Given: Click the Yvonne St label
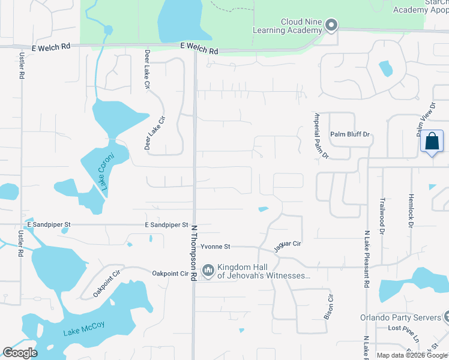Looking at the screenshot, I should click(x=215, y=247).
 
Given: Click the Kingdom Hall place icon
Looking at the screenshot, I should click(x=208, y=271).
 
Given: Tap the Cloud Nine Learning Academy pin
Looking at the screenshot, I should click(x=331, y=26).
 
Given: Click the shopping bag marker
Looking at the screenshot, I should click(x=432, y=142).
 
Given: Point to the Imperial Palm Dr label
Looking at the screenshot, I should click(x=322, y=135).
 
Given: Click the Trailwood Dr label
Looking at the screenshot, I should click(x=382, y=211).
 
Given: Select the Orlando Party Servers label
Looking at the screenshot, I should click(x=400, y=317).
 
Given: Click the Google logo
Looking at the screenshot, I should click(x=20, y=352).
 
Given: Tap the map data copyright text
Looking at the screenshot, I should click(x=412, y=355).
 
